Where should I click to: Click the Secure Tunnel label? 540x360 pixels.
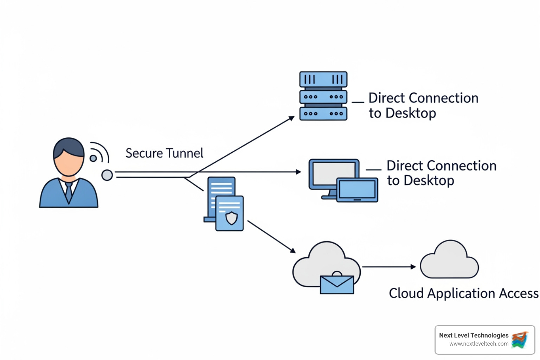click(164, 153)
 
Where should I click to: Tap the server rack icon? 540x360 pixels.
click(323, 96)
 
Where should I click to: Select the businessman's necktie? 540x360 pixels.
click(69, 192)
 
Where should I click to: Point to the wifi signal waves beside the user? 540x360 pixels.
click(99, 153)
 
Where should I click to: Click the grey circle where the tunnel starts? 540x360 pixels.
click(107, 175)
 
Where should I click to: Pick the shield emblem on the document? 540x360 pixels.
click(231, 218)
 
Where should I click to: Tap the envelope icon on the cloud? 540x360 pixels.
click(337, 284)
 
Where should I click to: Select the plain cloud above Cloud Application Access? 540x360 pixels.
click(450, 261)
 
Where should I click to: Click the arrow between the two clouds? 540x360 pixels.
click(388, 267)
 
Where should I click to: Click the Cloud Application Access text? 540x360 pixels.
click(463, 293)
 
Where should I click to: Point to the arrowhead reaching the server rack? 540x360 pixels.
click(291, 118)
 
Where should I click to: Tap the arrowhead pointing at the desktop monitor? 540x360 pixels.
click(298, 172)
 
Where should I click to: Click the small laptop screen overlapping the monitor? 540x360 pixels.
click(357, 190)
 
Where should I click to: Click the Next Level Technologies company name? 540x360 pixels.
click(474, 335)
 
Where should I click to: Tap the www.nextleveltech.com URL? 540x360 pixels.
click(478, 344)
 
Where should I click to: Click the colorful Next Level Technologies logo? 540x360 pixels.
click(520, 340)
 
